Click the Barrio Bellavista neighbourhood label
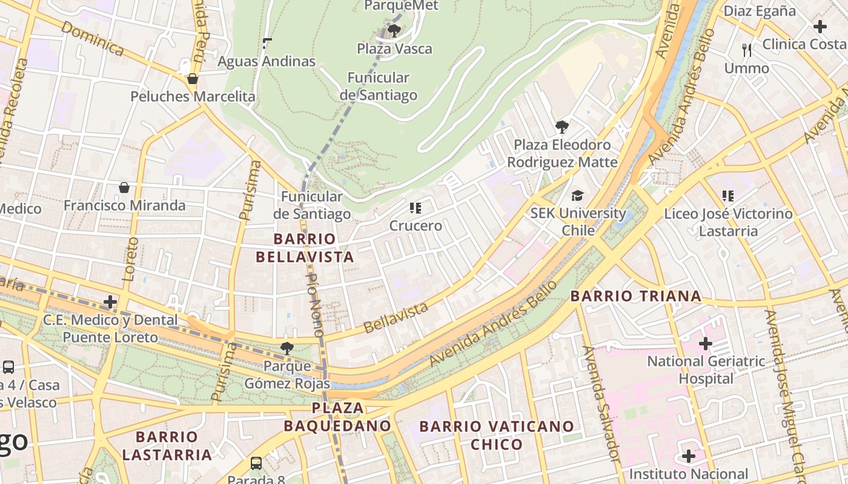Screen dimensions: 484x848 tap(305, 248)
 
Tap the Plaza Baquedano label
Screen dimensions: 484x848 tap(337, 417)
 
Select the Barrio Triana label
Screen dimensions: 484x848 tap(636, 296)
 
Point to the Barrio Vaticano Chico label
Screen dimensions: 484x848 tap(497, 435)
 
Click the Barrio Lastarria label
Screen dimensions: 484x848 tap(167, 445)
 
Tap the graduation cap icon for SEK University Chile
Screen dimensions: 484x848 tap(577, 196)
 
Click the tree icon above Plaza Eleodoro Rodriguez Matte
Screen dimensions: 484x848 tap(561, 127)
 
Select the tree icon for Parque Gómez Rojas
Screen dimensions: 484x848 tap(287, 348)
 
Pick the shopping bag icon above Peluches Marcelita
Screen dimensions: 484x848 tap(193, 79)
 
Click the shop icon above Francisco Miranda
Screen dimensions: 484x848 tap(124, 188)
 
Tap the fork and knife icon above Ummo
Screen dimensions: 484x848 tap(747, 50)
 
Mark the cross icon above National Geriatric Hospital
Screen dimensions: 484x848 tap(705, 344)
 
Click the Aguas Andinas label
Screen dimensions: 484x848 tap(267, 61)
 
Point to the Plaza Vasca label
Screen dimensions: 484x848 tap(394, 49)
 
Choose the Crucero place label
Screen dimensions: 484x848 tap(416, 226)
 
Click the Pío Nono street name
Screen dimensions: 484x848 tap(314, 305)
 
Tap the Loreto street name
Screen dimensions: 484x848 tap(129, 260)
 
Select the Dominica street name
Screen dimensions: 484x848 tap(93, 39)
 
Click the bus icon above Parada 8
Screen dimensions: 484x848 tap(256, 463)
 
